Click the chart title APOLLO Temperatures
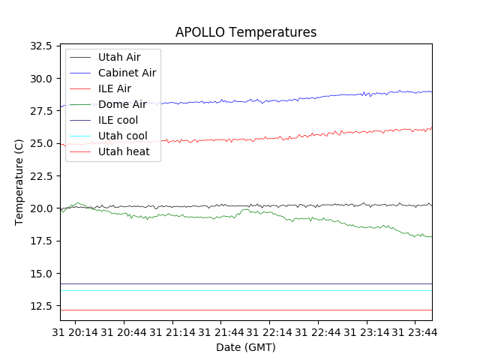[245, 32]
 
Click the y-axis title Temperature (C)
[19, 182]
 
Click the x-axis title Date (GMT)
[245, 347]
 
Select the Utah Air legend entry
[118, 57]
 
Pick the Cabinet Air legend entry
[127, 73]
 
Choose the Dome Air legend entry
[121, 104]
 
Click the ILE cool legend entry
[118, 120]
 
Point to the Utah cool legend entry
[122, 136]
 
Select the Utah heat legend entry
[123, 151]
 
